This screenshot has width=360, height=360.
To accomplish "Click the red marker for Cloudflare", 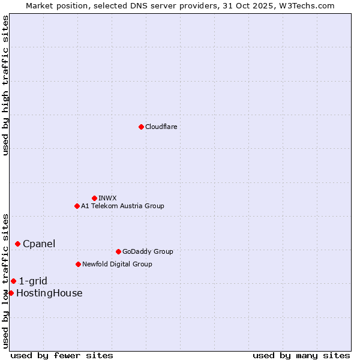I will [x=141, y=127].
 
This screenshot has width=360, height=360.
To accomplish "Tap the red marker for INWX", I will [x=94, y=198].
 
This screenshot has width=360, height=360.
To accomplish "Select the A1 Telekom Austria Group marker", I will [x=77, y=206].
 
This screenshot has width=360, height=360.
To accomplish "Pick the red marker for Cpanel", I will [x=17, y=244].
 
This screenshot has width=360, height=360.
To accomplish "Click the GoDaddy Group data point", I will [x=118, y=251].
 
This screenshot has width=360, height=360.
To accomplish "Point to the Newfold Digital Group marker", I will [x=78, y=264].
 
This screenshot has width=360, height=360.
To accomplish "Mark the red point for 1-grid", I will [x=13, y=281].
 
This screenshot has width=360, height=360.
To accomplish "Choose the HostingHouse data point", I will [x=11, y=293].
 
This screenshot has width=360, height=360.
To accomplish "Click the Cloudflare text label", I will [x=161, y=127].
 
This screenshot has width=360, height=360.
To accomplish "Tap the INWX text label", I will [x=107, y=198].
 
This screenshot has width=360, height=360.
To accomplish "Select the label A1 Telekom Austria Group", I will [x=122, y=206].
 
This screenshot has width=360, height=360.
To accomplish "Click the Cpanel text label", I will [x=39, y=244].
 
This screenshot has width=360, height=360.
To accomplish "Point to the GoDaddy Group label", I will [x=148, y=251].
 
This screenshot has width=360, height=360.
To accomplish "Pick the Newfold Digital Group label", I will [x=117, y=264].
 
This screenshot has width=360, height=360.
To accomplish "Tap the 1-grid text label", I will [x=33, y=281].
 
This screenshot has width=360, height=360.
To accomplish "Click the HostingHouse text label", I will [x=49, y=293].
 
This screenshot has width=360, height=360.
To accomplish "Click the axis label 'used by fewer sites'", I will [x=62, y=355].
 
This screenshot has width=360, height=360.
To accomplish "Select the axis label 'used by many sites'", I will [x=301, y=355].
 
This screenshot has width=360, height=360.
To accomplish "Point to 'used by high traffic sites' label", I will [x=6, y=85].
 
